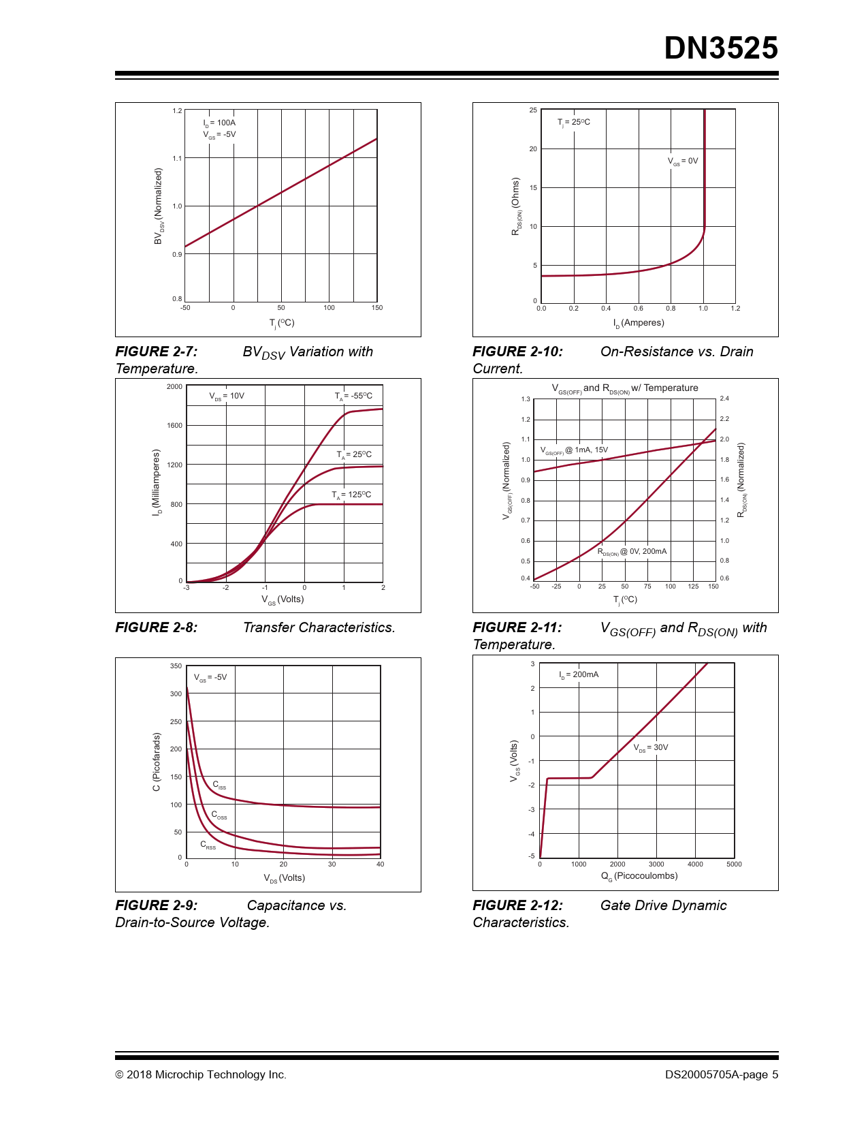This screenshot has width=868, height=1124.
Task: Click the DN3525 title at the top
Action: click(720, 48)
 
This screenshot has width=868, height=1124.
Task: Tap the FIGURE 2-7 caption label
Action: click(157, 352)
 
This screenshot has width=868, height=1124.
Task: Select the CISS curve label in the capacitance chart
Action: click(219, 785)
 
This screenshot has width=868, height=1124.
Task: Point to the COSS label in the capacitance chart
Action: click(219, 815)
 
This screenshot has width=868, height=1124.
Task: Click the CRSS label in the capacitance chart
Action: click(208, 845)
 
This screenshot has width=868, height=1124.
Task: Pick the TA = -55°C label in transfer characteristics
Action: click(353, 396)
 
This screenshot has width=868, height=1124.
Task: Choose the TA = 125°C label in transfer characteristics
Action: click(351, 495)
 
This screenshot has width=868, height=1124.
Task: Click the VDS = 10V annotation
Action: click(227, 396)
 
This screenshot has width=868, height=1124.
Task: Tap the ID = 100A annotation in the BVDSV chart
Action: click(219, 123)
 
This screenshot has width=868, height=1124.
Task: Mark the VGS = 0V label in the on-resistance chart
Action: click(683, 161)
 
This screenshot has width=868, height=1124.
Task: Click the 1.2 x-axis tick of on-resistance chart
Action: click(735, 309)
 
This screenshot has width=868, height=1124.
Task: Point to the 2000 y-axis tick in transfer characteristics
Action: click(174, 387)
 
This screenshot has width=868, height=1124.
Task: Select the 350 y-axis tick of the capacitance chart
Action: click(176, 666)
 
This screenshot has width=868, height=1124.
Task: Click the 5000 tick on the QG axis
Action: click(734, 864)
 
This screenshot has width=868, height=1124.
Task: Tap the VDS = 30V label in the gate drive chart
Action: click(651, 748)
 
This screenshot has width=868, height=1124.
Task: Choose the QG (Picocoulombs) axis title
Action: click(639, 876)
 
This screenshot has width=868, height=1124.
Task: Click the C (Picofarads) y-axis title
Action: click(157, 762)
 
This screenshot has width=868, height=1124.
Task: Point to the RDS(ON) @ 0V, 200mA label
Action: click(632, 552)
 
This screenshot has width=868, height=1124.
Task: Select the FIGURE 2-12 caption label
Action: click(517, 905)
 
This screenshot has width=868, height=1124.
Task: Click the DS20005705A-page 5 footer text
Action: click(722, 1075)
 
